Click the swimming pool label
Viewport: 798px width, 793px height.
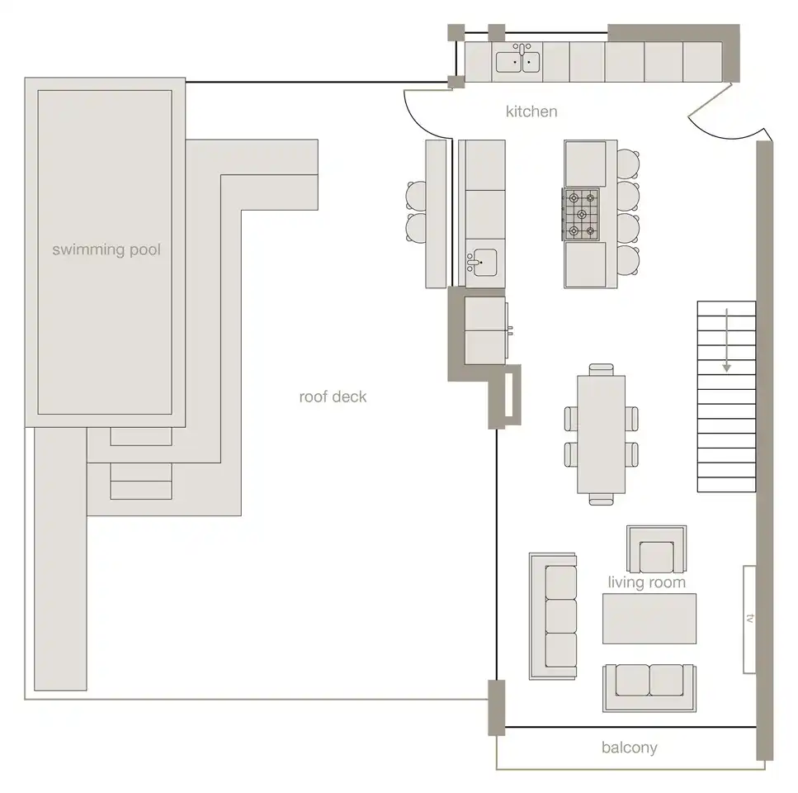pos(106,249)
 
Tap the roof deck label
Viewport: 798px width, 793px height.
pos(333,396)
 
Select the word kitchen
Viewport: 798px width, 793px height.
pos(531,112)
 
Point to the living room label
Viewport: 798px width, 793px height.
pos(647,582)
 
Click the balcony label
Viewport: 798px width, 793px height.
pos(630,748)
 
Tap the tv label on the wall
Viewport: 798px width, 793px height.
pos(749,619)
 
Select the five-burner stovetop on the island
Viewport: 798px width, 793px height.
pos(581,214)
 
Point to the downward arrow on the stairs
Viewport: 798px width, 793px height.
pos(727,340)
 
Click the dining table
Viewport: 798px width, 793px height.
pos(601,434)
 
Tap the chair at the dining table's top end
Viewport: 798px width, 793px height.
pos(601,370)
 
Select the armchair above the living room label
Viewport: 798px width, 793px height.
pos(657,550)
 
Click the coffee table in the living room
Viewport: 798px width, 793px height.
pos(649,619)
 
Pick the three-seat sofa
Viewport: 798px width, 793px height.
pos(553,616)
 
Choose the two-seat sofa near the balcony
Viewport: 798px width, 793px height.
pos(649,687)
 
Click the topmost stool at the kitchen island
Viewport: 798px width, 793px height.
pos(629,164)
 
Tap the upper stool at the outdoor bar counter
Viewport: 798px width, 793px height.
pos(416,196)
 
